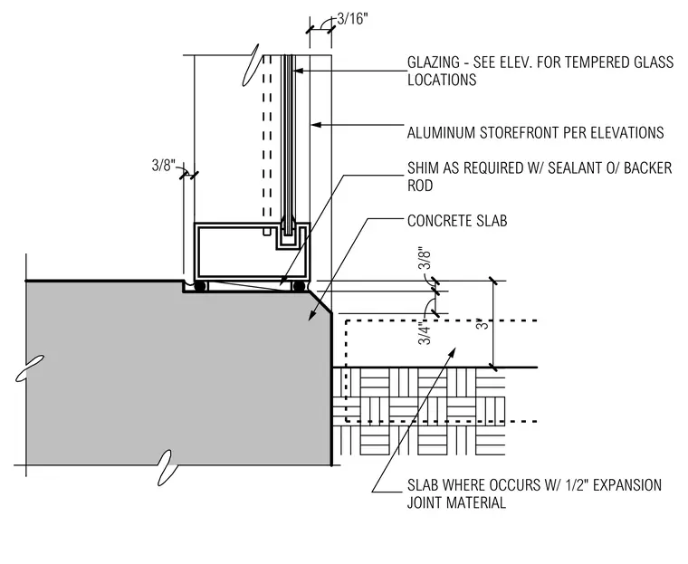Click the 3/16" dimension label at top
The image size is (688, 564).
(x=352, y=19)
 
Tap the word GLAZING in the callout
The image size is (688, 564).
(x=434, y=62)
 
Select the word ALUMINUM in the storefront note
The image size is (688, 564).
(x=441, y=132)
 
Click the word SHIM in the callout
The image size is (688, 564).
(x=423, y=167)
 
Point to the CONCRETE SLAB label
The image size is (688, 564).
(x=457, y=221)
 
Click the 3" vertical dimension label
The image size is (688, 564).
(x=483, y=325)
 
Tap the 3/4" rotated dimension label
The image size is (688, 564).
(x=425, y=332)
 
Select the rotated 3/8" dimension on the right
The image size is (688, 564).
(x=425, y=258)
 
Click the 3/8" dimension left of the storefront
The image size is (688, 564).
(x=163, y=166)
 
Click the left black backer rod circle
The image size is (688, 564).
(x=200, y=286)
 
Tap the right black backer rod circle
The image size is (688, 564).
(x=300, y=286)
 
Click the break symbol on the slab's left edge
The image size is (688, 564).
(x=30, y=368)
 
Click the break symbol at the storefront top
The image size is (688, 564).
(x=250, y=65)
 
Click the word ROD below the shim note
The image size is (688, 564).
(x=420, y=186)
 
